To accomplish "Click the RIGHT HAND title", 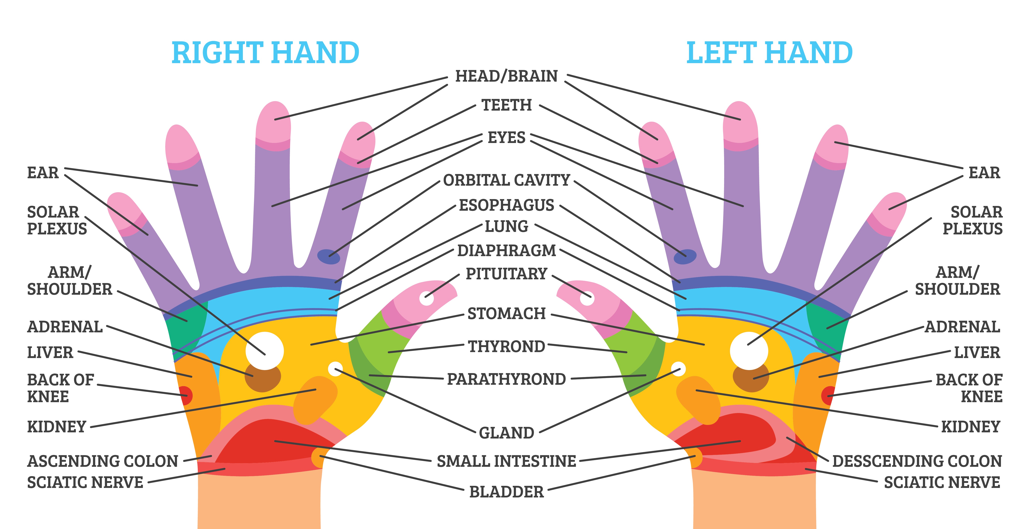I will pyautogui.click(x=265, y=53).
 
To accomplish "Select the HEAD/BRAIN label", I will pyautogui.click(x=506, y=76).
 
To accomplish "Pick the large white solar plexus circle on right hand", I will pyautogui.click(x=265, y=351).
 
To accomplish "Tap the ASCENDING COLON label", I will pyautogui.click(x=102, y=461).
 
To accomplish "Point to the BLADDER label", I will pyautogui.click(x=506, y=492).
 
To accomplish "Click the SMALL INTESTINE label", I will pyautogui.click(x=506, y=461).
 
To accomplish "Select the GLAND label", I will pyautogui.click(x=506, y=433).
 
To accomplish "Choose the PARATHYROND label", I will pyautogui.click(x=506, y=379).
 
